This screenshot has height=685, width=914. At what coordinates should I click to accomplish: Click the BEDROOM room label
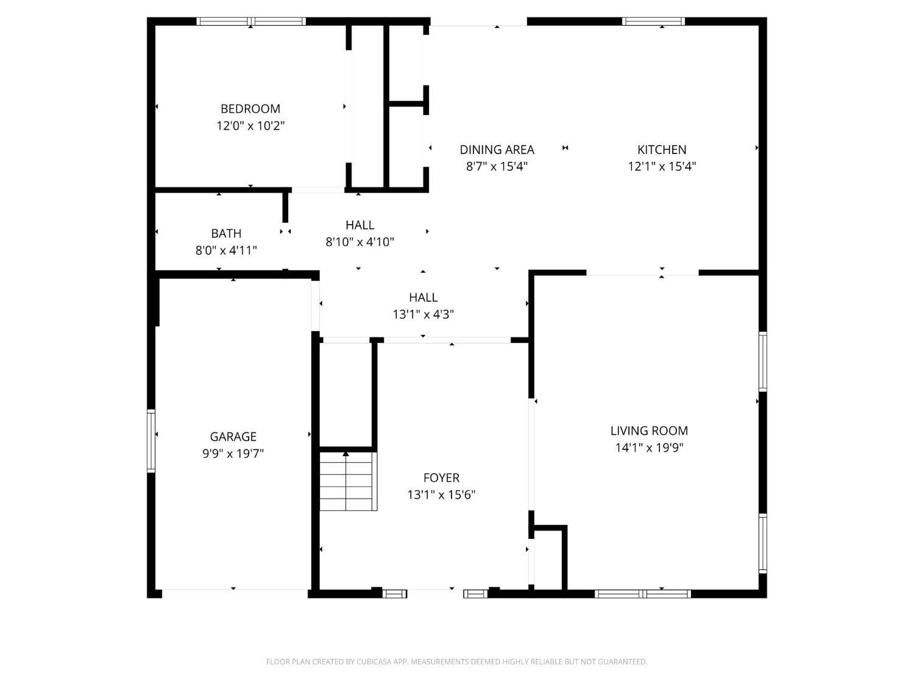coord(250,109)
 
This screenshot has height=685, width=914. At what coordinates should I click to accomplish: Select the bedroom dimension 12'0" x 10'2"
coord(250,126)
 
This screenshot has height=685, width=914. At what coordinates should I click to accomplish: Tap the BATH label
coord(226,233)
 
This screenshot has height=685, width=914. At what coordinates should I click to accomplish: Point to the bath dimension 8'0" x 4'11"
coord(226,250)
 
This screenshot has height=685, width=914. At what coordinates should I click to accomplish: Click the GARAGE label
coord(233,437)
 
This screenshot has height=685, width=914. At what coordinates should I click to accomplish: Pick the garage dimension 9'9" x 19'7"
coord(233,454)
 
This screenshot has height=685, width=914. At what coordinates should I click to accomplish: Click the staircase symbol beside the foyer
coord(347,481)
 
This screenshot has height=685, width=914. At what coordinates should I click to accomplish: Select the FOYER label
coord(441,478)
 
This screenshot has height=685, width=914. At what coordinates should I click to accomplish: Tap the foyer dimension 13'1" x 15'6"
coord(441,495)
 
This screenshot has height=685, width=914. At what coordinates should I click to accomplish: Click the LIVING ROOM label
coord(649,430)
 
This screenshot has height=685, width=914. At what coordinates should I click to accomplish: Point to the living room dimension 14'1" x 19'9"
coord(649,448)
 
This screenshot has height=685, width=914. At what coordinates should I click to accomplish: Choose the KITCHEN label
coord(662,149)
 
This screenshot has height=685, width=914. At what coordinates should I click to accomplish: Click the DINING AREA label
coord(497,149)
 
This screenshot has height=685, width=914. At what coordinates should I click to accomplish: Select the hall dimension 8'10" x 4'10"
coord(360,242)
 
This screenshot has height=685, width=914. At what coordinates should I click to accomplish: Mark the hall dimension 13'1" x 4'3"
coord(423,314)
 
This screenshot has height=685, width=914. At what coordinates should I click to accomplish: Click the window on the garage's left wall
coord(151,441)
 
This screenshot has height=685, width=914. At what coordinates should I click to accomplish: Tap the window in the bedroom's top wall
coord(251,21)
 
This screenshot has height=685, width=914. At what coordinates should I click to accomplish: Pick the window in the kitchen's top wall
coord(653,21)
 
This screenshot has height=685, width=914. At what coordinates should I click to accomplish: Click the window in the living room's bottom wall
coord(643,594)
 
